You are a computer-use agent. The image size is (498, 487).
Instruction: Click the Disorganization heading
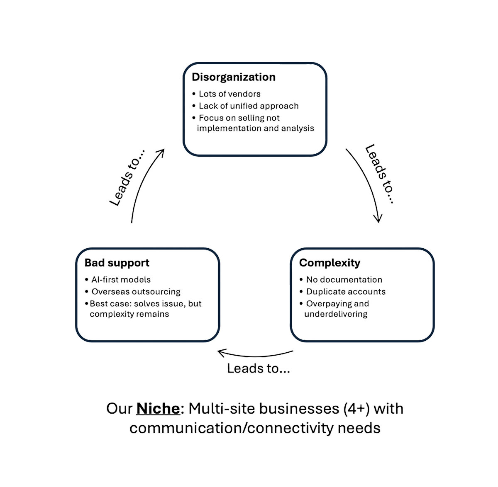233,77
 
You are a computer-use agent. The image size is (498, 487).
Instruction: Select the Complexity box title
330,263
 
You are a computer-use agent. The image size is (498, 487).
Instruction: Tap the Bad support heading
117,263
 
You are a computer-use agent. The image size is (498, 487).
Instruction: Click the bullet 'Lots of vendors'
229,94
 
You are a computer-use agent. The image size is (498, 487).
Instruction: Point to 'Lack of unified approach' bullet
249,106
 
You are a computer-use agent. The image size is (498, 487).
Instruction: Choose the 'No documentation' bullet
344,280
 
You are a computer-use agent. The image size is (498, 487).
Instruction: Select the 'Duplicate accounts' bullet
346,292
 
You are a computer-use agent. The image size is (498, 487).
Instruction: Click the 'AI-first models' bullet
121,280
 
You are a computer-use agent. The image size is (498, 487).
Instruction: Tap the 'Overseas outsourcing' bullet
136,292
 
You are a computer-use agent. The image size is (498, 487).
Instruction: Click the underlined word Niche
158,409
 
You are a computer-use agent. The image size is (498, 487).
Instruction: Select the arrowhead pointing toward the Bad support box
221,353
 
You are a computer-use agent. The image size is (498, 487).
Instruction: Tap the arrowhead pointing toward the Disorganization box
161,152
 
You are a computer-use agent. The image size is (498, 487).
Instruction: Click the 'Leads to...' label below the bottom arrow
258,368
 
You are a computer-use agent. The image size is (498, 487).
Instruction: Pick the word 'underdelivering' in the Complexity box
336,314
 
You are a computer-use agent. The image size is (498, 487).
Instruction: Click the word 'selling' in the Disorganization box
249,118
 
